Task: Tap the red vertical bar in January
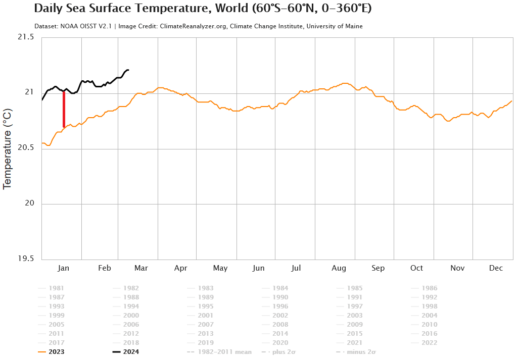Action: coord(64,109)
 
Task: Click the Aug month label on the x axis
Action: coord(339,268)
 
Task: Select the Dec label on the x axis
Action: coord(496,268)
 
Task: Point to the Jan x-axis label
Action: coord(64,268)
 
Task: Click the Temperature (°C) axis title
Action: coord(7,148)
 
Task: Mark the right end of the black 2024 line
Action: coord(128,70)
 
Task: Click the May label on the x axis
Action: coord(220,268)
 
